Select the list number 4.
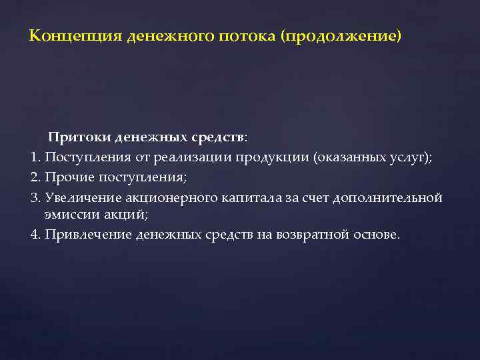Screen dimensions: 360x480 [35, 235]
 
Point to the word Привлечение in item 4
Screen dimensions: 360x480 [87, 235]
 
